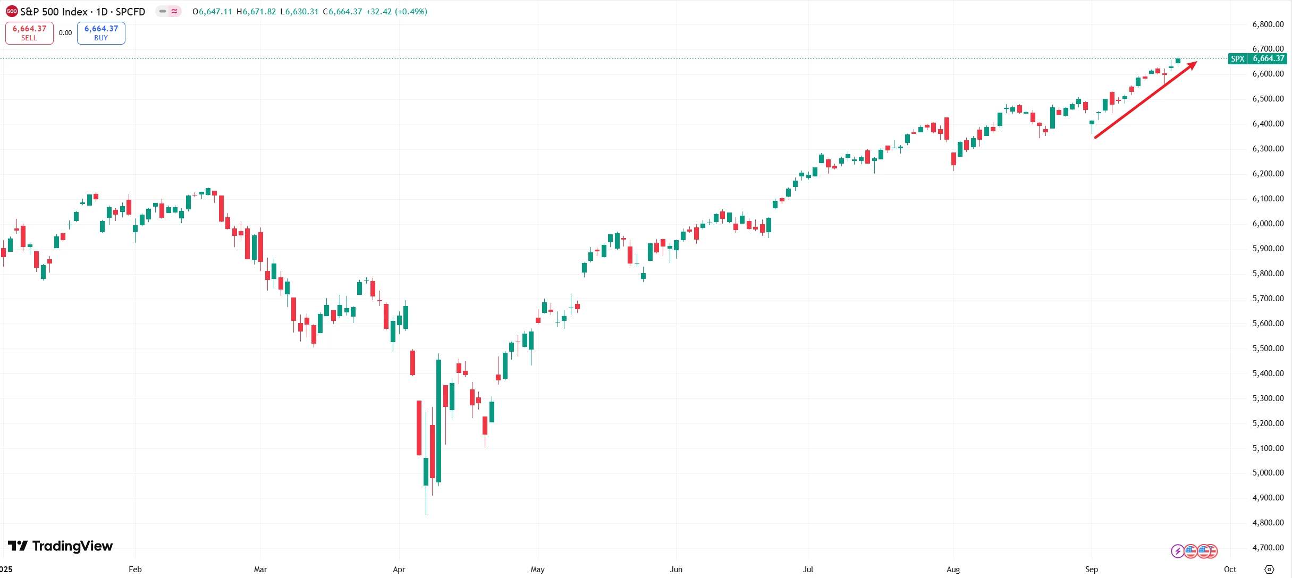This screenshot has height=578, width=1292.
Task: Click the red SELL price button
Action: (x=29, y=33)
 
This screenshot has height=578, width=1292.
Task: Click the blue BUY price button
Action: (x=101, y=33)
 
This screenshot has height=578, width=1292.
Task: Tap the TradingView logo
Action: (x=60, y=546)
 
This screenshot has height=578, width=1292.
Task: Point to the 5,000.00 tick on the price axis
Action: (x=1268, y=473)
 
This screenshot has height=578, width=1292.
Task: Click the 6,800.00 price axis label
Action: (x=1268, y=24)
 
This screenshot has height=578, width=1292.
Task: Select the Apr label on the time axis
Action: (x=399, y=569)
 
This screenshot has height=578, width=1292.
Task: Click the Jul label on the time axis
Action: (x=808, y=569)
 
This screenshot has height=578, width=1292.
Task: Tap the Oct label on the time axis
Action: (x=1230, y=569)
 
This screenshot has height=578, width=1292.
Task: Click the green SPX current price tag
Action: (x=1257, y=59)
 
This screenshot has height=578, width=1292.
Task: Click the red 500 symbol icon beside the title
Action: (x=12, y=12)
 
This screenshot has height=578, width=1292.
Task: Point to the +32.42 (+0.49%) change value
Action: (x=396, y=12)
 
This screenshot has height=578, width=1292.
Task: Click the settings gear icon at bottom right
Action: (x=1269, y=569)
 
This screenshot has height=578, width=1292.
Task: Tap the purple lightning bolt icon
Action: (x=1177, y=551)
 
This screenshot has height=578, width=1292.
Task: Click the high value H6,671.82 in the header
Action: (x=256, y=12)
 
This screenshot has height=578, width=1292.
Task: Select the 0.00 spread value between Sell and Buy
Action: (x=65, y=33)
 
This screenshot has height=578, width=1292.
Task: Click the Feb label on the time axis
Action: (x=135, y=569)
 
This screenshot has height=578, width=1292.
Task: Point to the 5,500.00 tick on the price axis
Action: (x=1268, y=348)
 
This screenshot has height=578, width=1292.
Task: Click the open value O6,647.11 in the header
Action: (x=212, y=12)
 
